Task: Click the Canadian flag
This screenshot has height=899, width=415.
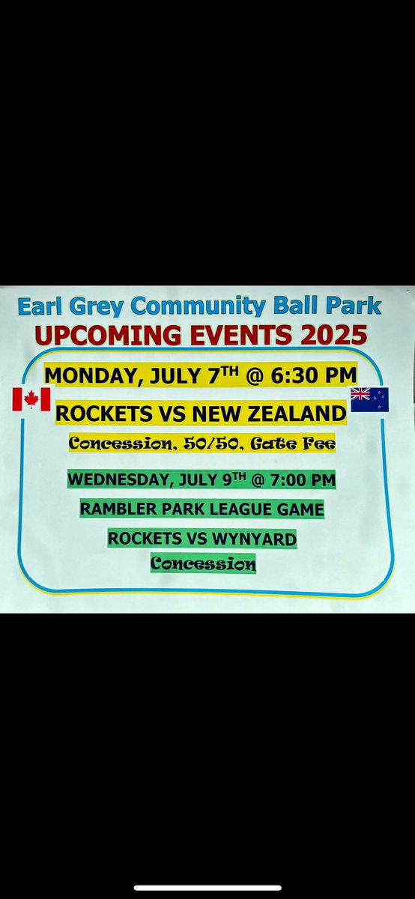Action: (31, 399)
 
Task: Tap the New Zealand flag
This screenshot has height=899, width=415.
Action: (369, 399)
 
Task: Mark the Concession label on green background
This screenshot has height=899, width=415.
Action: (203, 563)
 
